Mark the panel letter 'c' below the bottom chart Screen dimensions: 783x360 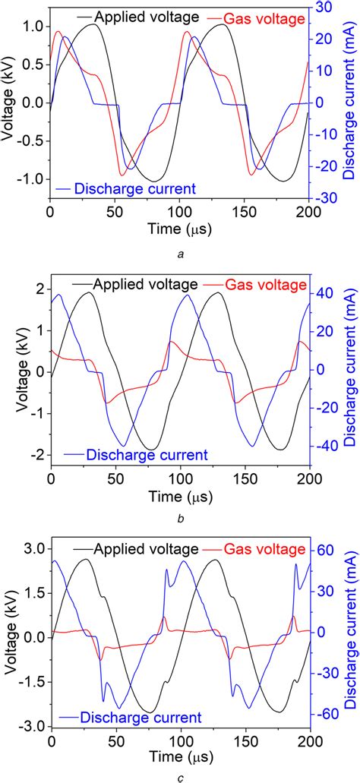point(179,775)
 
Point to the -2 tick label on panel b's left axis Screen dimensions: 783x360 point(35,456)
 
